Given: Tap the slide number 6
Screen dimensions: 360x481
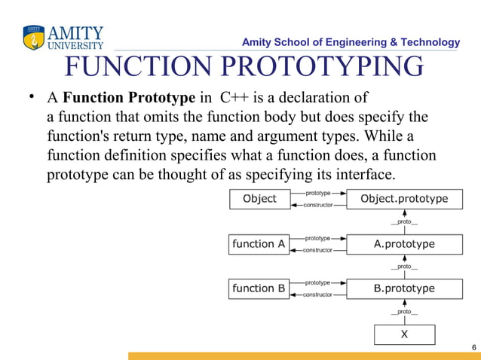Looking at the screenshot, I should pyautogui.click(x=473, y=346).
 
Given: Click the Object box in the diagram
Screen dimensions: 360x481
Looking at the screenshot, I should pyautogui.click(x=259, y=199).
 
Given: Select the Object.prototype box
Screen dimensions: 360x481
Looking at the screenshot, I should pyautogui.click(x=404, y=199).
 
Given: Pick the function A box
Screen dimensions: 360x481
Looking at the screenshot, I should pyautogui.click(x=259, y=244).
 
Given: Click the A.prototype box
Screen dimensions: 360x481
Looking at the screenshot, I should pyautogui.click(x=404, y=244).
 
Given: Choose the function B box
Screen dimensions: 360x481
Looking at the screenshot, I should pyautogui.click(x=259, y=288).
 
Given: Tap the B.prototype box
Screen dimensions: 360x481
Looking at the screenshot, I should pyautogui.click(x=404, y=288).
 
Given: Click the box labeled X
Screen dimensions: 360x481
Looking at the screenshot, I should pyautogui.click(x=404, y=334).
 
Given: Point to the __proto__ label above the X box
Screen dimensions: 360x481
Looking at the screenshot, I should pyautogui.click(x=404, y=311).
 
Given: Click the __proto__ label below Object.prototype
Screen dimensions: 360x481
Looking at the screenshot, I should pyautogui.click(x=404, y=221).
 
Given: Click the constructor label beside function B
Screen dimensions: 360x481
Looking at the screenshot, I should pyautogui.click(x=317, y=294).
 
